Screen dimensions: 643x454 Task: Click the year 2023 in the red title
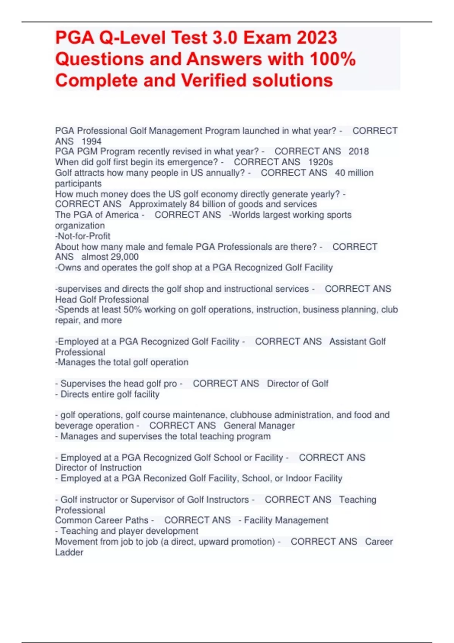(317, 38)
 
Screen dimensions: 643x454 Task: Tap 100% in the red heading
(333, 59)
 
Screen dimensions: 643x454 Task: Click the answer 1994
(92, 141)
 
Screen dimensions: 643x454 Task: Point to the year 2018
(359, 152)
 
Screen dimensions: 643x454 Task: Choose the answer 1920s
(320, 162)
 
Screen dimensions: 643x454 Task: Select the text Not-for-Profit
(83, 236)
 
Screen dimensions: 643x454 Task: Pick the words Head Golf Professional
(102, 300)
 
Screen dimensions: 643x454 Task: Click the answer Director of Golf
(297, 384)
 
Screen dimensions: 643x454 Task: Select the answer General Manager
(259, 426)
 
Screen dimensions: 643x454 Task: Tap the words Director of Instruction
(98, 467)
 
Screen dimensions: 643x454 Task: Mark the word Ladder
(69, 552)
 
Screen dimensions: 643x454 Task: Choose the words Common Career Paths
(102, 520)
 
